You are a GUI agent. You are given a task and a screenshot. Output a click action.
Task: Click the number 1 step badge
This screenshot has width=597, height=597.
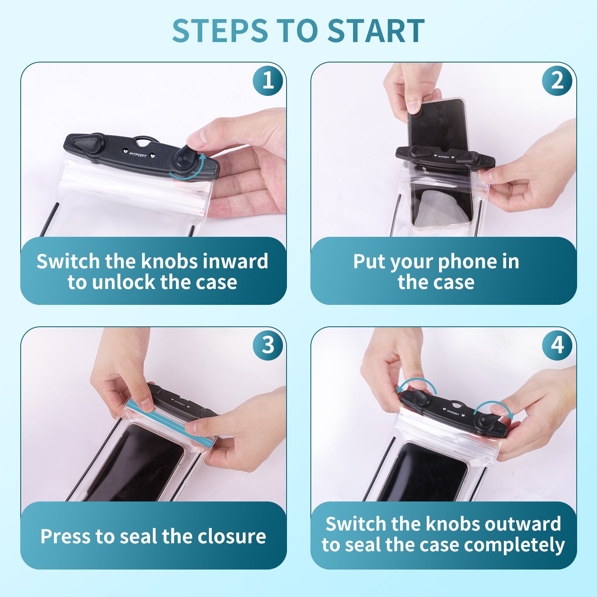click(268, 80)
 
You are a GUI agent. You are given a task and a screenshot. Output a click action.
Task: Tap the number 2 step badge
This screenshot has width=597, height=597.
click(557, 80)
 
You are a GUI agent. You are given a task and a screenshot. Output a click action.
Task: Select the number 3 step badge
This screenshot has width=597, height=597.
click(268, 345)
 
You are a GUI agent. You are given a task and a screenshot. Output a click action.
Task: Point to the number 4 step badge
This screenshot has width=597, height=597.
click(557, 345)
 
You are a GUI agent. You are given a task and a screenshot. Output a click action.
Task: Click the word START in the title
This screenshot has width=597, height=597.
click(376, 31)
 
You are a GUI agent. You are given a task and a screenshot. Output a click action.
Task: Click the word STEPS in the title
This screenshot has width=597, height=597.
click(220, 31)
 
